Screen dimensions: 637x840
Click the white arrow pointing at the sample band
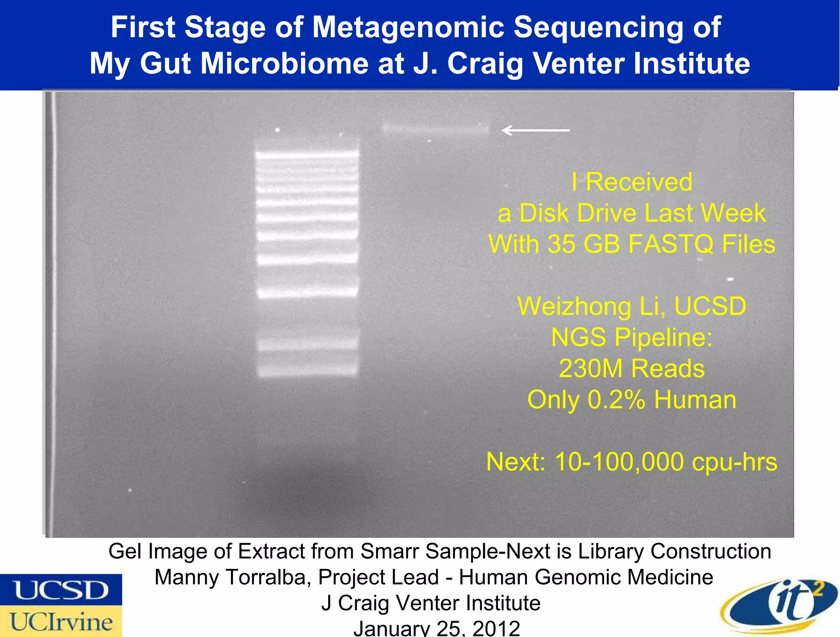535,130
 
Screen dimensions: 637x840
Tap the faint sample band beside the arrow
436,128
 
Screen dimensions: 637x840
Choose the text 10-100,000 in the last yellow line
619,462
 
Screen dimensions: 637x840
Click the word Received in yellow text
639,182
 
